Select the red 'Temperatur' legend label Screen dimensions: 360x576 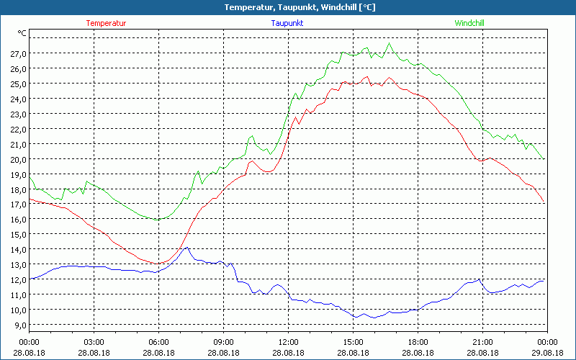point(107,23)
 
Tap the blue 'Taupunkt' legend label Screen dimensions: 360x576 point(287,23)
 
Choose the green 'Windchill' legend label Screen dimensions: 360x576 point(469,23)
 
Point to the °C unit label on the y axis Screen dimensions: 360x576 point(22,33)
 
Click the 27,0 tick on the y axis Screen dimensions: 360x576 point(18,54)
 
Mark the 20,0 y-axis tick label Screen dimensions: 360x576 point(18,159)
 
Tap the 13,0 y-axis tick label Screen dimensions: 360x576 point(18,264)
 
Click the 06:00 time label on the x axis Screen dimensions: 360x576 point(159,342)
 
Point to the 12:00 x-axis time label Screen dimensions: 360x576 point(289,342)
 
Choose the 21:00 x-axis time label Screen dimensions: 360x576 point(482,342)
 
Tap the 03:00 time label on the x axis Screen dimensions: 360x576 point(94,342)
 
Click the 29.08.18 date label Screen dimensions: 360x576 point(547,353)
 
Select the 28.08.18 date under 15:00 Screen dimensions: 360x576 point(354,353)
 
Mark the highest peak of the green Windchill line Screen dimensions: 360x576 point(390,43)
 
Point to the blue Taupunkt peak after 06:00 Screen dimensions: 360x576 point(187,248)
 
